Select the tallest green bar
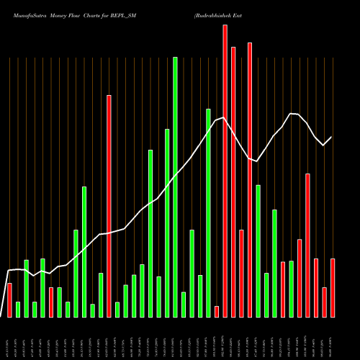pos(175,187)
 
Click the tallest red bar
pos(225,171)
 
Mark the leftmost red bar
pos(9,300)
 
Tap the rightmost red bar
pos(333,288)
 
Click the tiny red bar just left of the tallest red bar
pos(217,311)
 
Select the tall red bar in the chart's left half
pos(109,206)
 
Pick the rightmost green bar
pos(291,289)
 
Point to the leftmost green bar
pos(18,309)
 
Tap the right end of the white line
pos(332,137)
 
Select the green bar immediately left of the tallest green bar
pos(167,223)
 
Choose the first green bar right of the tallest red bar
pos(258,251)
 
